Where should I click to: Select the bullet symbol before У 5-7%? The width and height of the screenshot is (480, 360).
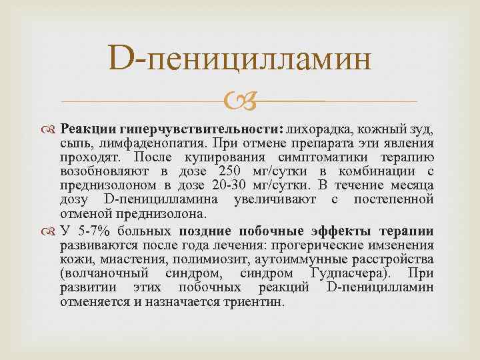tap(69, 231)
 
